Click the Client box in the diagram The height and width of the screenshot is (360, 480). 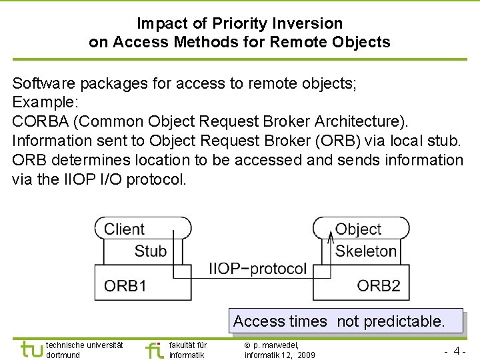(125, 229)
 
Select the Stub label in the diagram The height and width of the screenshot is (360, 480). (150, 251)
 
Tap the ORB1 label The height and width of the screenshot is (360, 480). (125, 286)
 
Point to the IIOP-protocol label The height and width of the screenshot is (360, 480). (257, 269)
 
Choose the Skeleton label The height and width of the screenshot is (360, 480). (366, 251)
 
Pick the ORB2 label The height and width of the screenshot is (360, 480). (379, 286)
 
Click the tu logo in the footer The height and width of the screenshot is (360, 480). (31, 349)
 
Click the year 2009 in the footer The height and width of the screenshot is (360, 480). (307, 355)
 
